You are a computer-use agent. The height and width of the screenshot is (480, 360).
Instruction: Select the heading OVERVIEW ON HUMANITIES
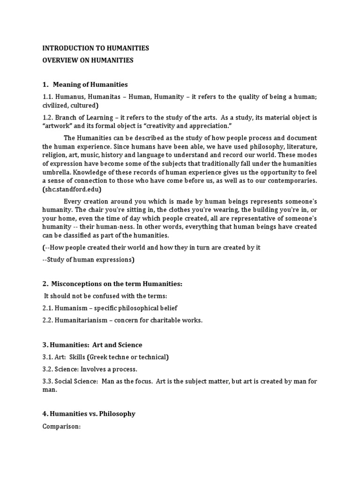[88, 60]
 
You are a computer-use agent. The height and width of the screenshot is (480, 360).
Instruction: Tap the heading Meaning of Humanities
[90, 85]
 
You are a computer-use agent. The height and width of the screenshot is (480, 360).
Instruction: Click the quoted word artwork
[57, 126]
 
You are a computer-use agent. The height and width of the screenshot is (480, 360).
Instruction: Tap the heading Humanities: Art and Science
[92, 345]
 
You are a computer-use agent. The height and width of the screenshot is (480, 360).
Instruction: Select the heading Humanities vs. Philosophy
[89, 414]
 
